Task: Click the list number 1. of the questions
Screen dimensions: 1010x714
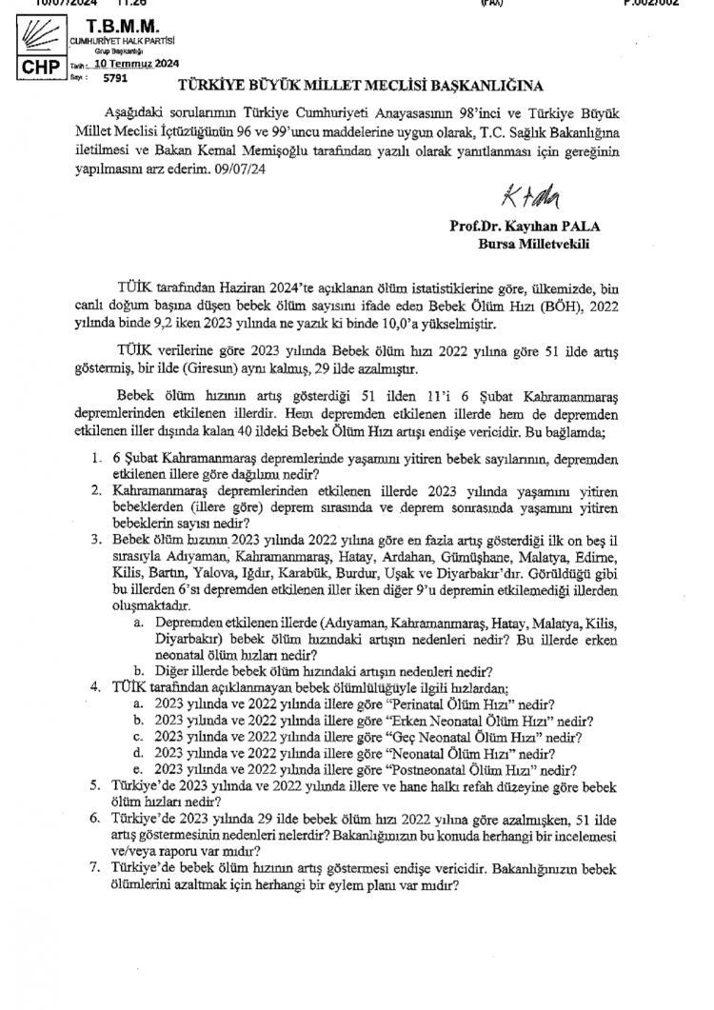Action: tap(95, 458)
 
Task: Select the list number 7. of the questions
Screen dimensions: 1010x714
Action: tap(95, 869)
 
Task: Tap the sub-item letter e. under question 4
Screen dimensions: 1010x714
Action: tap(138, 769)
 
